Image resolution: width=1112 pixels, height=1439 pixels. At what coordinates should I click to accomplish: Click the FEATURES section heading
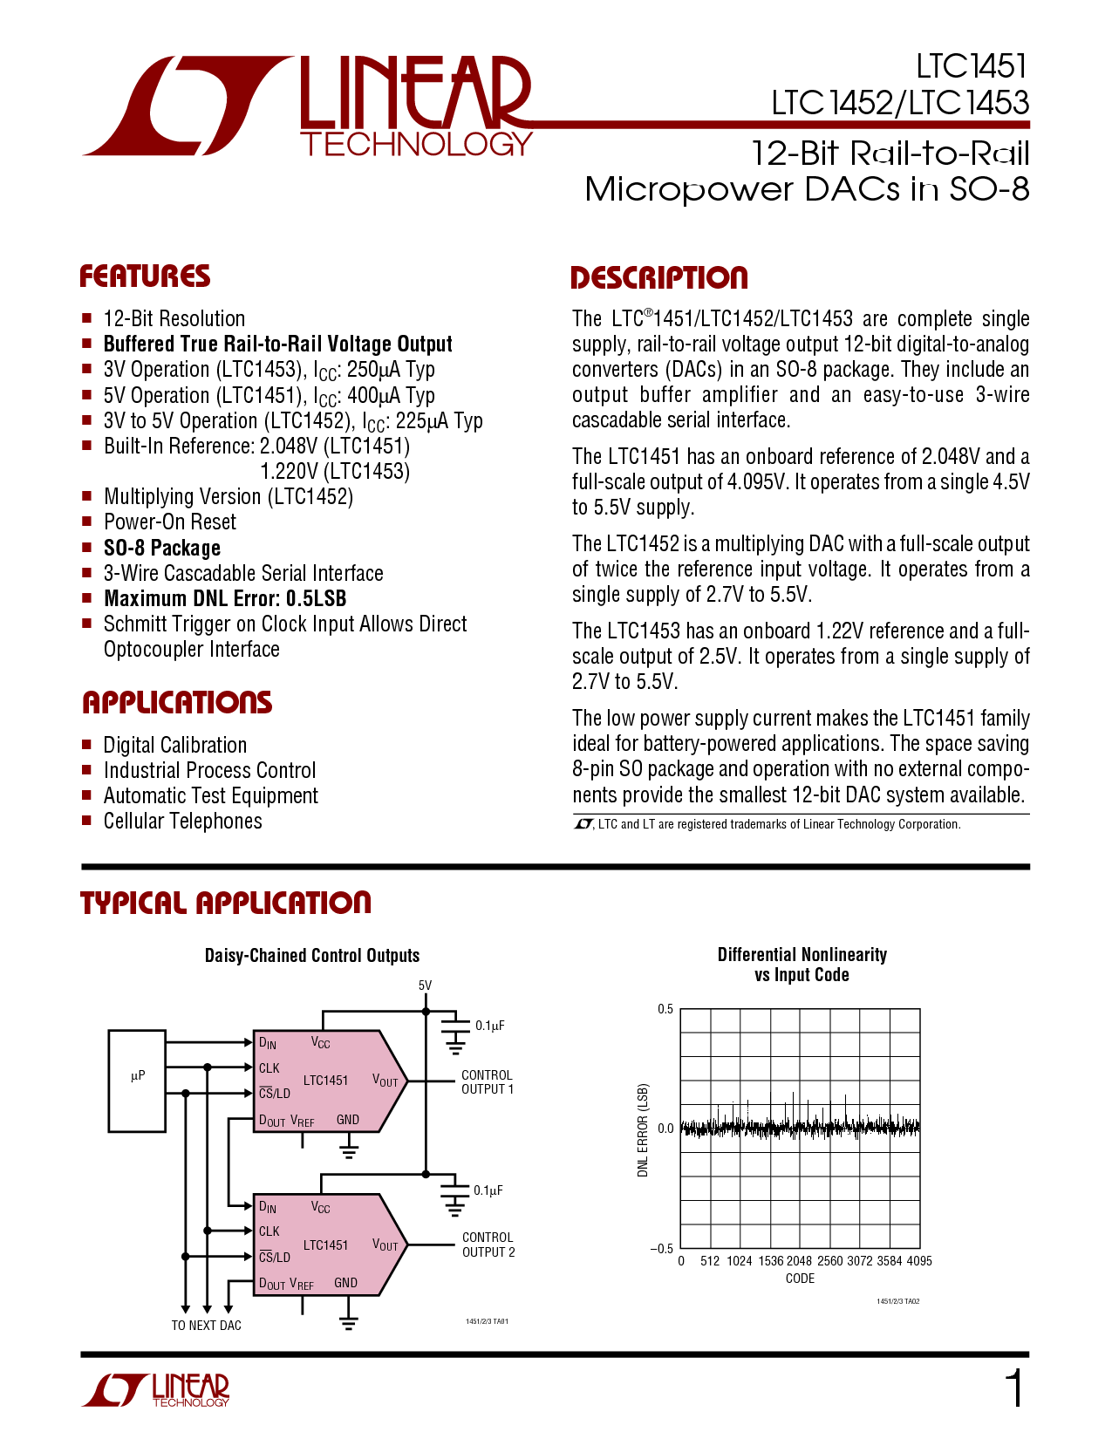coord(145,276)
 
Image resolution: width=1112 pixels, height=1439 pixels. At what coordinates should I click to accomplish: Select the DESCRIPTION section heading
coord(659,277)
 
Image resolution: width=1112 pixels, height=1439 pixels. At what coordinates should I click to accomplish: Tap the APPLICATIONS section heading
coord(177,703)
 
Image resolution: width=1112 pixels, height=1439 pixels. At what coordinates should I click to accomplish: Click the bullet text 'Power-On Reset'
coord(169,522)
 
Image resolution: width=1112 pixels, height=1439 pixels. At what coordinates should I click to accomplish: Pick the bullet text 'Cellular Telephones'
coord(183,822)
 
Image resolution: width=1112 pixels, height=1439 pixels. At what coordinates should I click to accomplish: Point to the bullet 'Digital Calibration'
coord(174,745)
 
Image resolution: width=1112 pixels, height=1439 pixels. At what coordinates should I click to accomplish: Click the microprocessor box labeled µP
coord(137,1081)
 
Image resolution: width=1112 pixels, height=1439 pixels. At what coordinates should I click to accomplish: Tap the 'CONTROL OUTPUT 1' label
coord(488,1082)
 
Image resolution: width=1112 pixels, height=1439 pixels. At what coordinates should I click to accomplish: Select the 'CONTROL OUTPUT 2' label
coord(488,1245)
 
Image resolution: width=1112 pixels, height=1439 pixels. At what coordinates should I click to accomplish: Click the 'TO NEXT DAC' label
coord(206,1325)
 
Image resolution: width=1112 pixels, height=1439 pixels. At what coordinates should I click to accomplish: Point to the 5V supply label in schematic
coord(426,985)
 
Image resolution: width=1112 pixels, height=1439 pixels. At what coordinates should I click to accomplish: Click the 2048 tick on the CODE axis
coord(799,1261)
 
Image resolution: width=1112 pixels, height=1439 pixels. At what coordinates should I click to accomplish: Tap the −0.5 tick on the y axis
coord(662,1249)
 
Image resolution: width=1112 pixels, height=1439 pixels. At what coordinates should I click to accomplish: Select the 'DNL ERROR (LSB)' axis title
coord(643,1129)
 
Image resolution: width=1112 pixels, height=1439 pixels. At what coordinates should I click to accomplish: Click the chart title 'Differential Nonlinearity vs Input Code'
coord(802,965)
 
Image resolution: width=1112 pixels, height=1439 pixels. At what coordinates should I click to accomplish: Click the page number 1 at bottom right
coord(1014,1388)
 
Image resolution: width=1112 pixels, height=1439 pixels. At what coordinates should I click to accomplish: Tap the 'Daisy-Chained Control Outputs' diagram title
coord(312,956)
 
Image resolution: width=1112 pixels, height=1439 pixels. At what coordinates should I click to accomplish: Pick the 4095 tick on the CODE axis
coord(919,1261)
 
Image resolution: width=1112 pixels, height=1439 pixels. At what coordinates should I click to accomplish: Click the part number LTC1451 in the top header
coord(972,66)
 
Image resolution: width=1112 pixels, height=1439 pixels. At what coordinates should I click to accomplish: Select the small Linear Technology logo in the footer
coord(155,1390)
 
